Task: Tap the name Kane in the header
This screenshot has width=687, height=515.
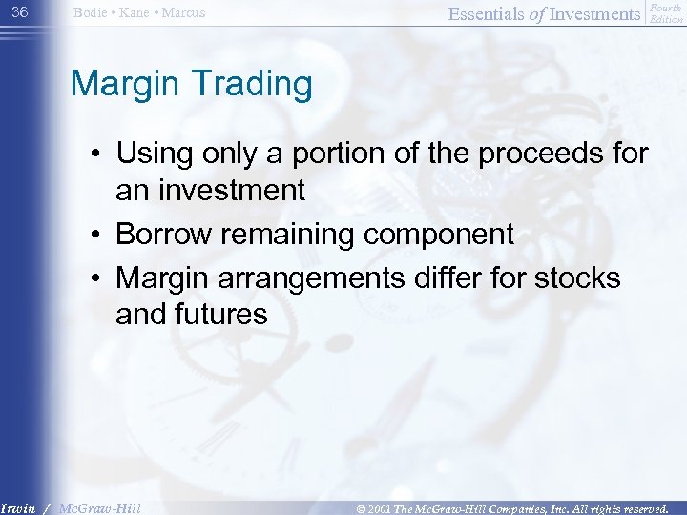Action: click(135, 13)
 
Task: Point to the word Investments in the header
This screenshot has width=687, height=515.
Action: click(594, 13)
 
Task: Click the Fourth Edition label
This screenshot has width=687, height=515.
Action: click(666, 13)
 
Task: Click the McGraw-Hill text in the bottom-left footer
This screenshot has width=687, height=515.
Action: click(99, 507)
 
